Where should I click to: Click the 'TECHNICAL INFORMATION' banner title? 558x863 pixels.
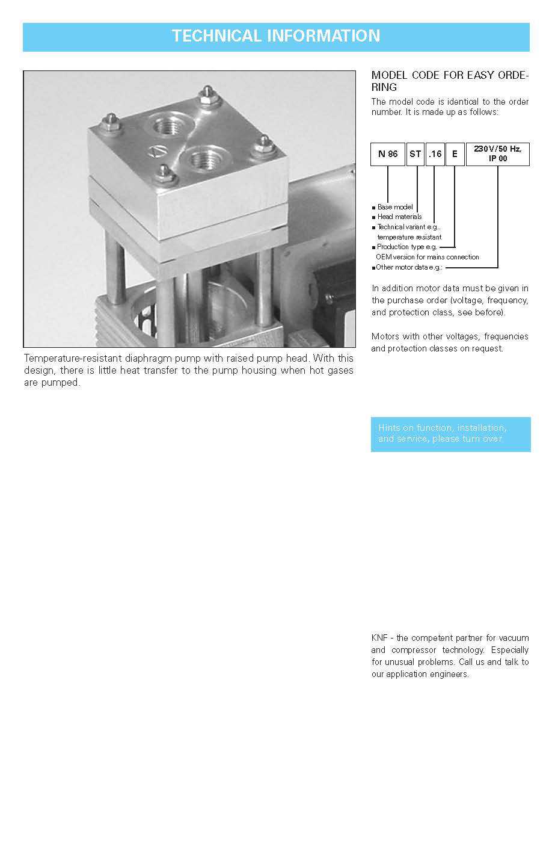click(276, 36)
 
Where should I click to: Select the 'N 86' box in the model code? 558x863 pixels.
click(388, 154)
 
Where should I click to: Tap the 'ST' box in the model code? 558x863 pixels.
click(415, 154)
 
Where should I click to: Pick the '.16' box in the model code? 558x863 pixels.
click(435, 154)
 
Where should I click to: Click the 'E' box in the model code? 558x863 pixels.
click(455, 154)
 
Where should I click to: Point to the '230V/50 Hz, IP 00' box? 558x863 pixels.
click(497, 153)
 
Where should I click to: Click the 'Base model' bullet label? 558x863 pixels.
click(395, 207)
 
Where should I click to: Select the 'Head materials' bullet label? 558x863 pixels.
click(399, 217)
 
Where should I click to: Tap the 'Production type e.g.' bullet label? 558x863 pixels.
click(406, 247)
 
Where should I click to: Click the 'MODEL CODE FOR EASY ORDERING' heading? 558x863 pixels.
click(450, 81)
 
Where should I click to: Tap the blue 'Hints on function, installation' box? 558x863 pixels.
click(450, 434)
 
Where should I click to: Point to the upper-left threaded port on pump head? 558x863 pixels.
click(164, 127)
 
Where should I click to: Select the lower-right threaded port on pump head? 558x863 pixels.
click(201, 159)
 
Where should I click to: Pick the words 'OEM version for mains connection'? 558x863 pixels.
click(427, 257)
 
